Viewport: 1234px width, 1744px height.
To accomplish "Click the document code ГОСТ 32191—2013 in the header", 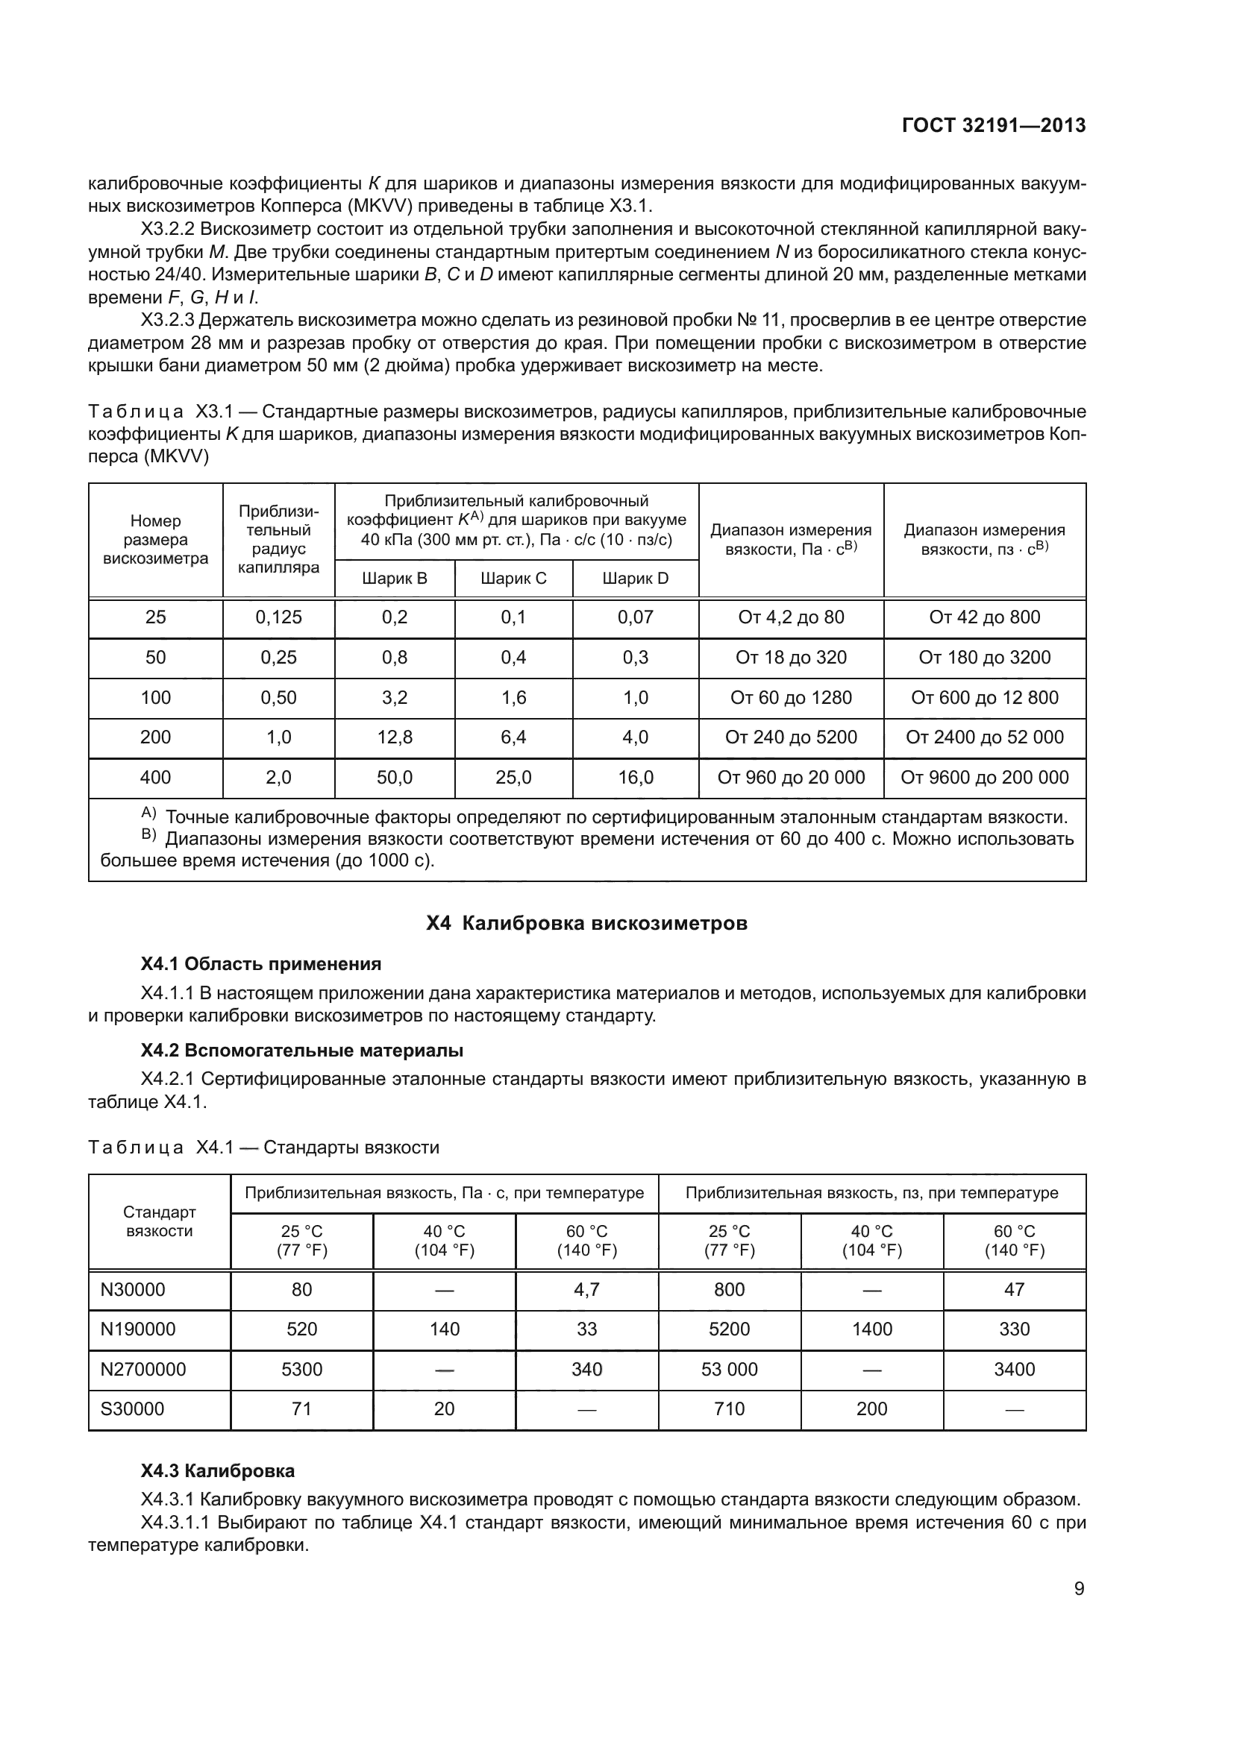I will pyautogui.click(x=993, y=125).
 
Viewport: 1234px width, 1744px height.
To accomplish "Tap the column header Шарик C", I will pyautogui.click(x=513, y=579).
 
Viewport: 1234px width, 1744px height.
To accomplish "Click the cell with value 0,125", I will pyautogui.click(x=278, y=617).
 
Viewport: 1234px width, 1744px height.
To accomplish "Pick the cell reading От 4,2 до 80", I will pyautogui.click(x=791, y=617).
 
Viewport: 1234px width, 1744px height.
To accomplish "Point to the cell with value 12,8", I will pyautogui.click(x=395, y=737).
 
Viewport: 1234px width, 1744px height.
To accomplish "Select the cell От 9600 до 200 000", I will pyautogui.click(x=984, y=777).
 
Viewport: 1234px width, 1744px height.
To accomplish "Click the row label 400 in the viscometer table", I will pyautogui.click(x=155, y=777).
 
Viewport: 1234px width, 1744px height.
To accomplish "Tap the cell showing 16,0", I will pyautogui.click(x=635, y=777).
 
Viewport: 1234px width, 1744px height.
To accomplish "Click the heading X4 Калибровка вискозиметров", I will pyautogui.click(x=586, y=924).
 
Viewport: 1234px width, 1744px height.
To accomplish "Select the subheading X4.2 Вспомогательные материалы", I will pyautogui.click(x=301, y=1051).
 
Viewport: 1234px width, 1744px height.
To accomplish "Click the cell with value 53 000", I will pyautogui.click(x=729, y=1369).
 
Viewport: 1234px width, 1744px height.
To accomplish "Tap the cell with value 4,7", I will pyautogui.click(x=586, y=1289).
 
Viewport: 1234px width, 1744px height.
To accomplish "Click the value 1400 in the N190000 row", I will pyautogui.click(x=871, y=1329).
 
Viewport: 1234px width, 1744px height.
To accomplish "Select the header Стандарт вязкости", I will pyautogui.click(x=160, y=1221).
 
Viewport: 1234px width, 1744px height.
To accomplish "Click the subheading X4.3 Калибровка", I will pyautogui.click(x=217, y=1470).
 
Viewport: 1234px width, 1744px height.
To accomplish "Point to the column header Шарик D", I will pyautogui.click(x=635, y=579).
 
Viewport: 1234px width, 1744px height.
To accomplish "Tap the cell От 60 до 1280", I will pyautogui.click(x=791, y=697).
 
